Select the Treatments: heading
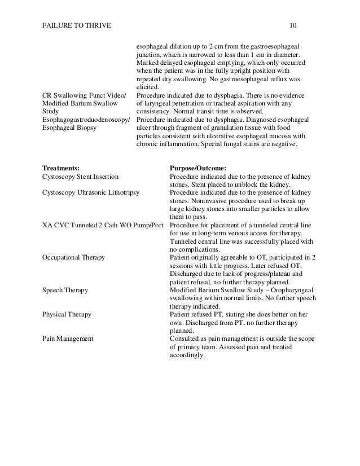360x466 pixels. click(60, 168)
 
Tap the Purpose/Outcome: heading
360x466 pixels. click(197, 168)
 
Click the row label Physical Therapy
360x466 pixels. click(67, 313)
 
